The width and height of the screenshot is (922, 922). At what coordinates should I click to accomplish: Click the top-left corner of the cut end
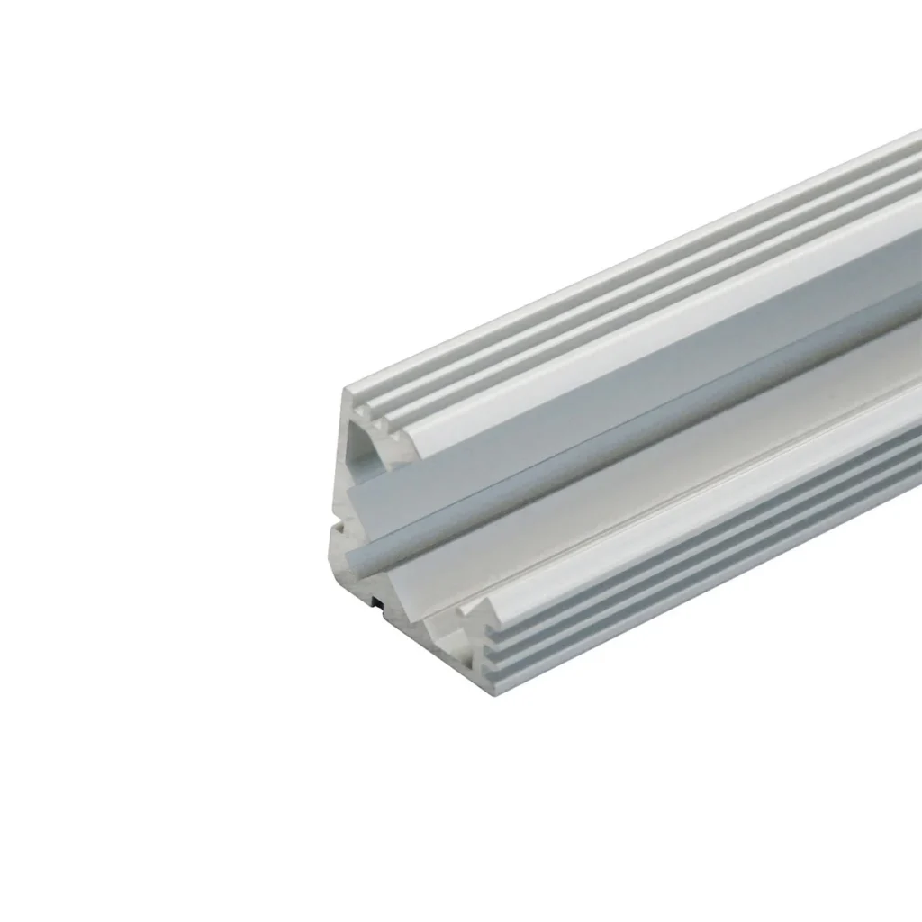pyautogui.click(x=348, y=390)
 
